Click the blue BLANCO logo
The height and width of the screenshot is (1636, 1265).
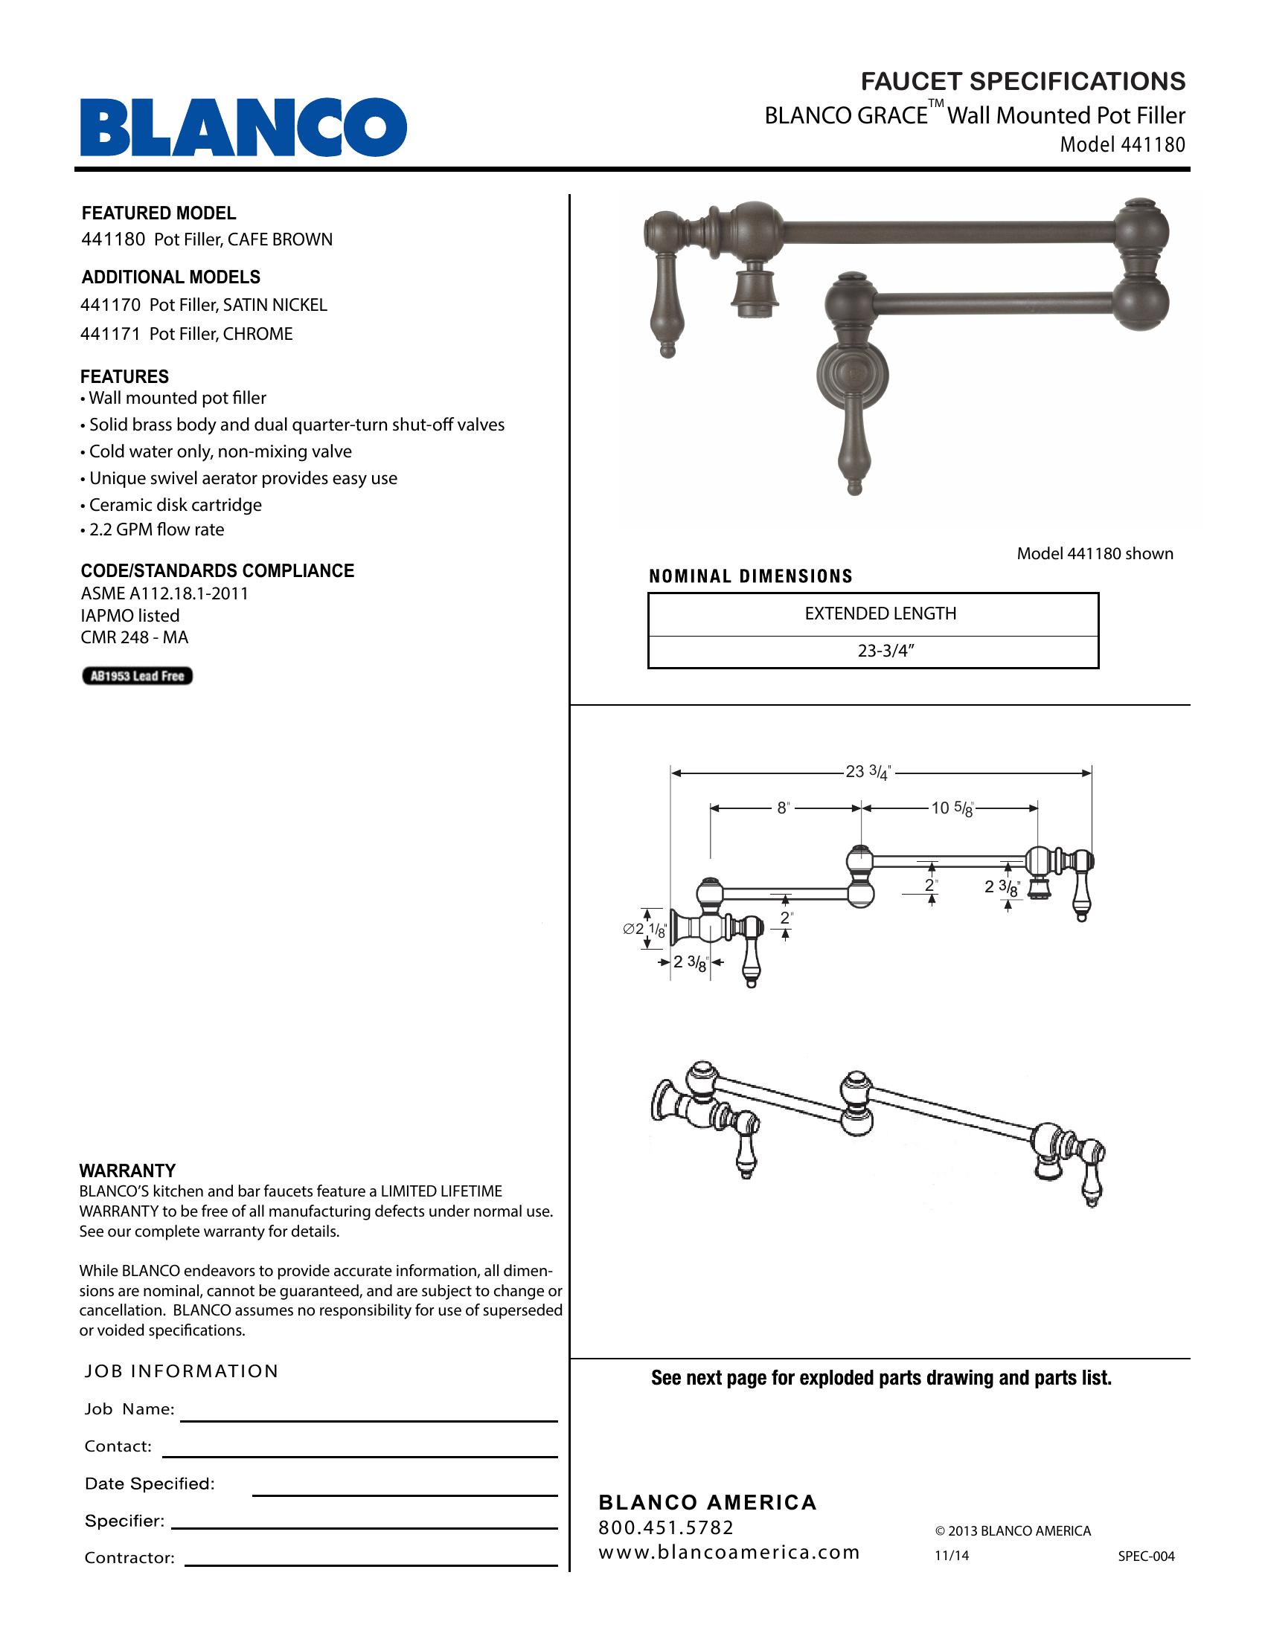pos(243,126)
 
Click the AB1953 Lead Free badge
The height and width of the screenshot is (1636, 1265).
pos(137,676)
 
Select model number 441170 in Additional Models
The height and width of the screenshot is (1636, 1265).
pos(110,305)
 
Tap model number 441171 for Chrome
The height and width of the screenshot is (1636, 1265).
pos(110,334)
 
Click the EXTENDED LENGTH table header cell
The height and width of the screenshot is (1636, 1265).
pos(880,613)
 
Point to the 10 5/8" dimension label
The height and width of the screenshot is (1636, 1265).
pos(951,808)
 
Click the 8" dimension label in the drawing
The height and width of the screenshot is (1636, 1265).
pos(783,808)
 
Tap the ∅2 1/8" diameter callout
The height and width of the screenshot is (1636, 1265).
pos(644,930)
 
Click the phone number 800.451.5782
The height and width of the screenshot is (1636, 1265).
pos(665,1527)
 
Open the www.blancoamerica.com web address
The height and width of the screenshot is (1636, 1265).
pos(728,1552)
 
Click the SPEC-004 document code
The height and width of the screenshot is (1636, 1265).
pos(1146,1556)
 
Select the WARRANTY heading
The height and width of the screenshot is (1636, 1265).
pos(127,1170)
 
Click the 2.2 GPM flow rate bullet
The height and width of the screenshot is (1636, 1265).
pos(156,529)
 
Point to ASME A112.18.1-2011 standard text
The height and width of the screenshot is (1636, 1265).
pos(164,593)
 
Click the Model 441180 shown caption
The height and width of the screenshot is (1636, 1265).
pos(1094,553)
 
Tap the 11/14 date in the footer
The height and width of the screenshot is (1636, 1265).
pos(951,1556)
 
